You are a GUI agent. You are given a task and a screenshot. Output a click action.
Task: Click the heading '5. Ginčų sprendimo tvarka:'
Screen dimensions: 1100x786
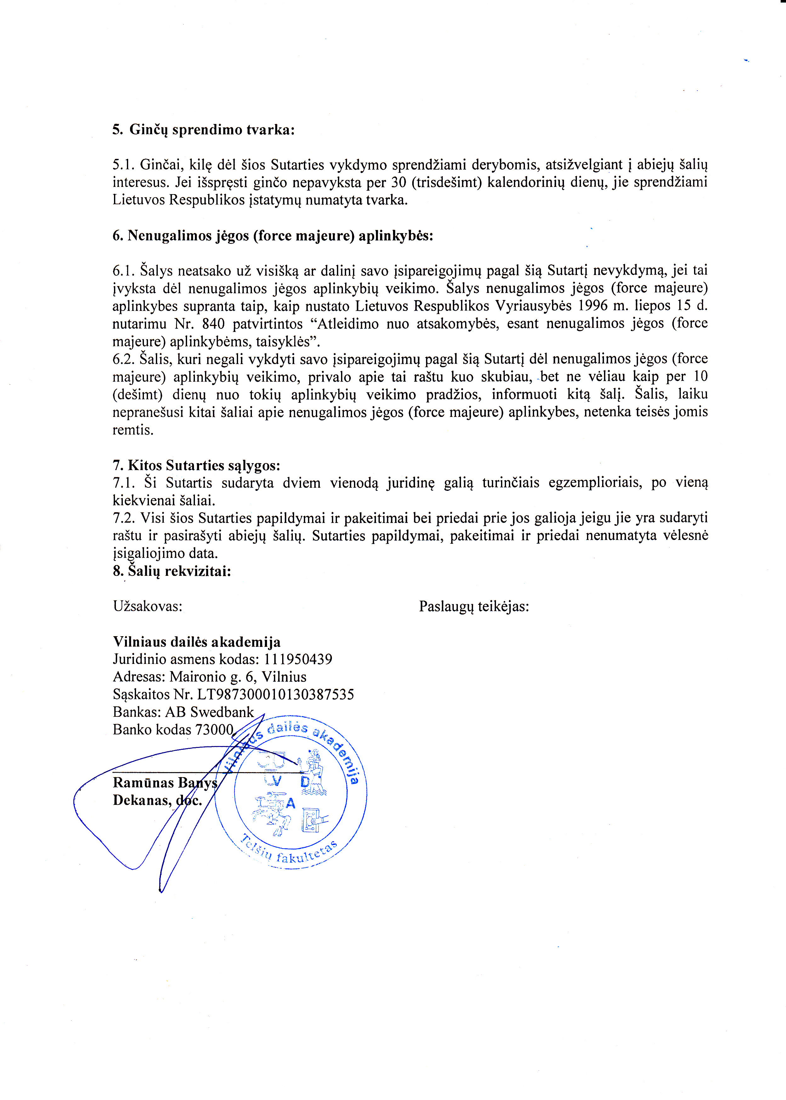point(203,130)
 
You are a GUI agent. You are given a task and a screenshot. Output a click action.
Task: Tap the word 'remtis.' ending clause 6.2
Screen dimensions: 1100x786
point(133,430)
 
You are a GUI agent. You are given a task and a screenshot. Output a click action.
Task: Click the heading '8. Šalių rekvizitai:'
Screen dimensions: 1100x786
point(172,571)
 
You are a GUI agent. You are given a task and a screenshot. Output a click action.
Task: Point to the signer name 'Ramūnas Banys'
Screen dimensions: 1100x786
point(165,783)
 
